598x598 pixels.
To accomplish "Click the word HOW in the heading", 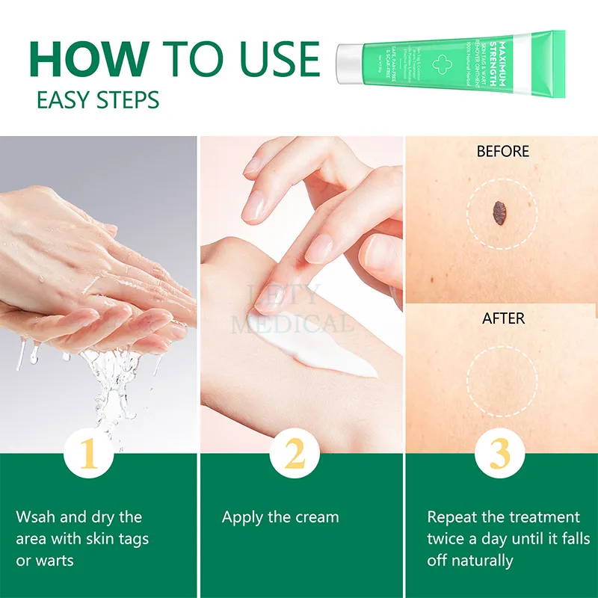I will coord(89,58).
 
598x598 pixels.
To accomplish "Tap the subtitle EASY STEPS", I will coord(98,99).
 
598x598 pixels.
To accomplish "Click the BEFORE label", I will coord(502,152).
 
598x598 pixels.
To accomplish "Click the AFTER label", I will coord(502,318).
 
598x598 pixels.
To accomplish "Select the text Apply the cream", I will coord(280,517).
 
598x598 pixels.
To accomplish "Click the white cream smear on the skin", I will coord(336,357).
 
